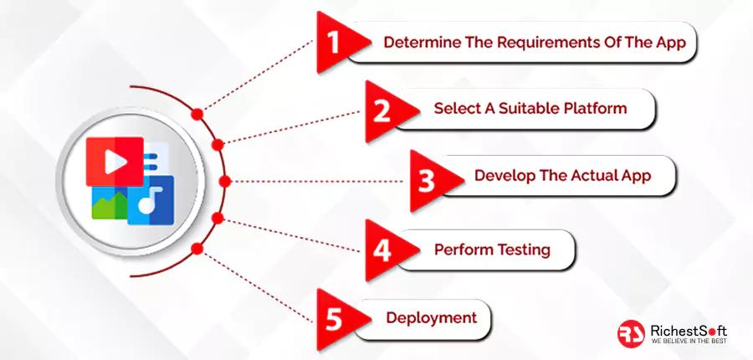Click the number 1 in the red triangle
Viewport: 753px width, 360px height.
334,42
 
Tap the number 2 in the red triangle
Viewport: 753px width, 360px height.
382,111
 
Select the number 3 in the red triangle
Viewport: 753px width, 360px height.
426,181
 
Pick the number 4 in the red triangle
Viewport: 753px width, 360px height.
382,250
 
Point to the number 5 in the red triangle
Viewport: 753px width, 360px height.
334,319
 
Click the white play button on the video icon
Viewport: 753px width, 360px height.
115,162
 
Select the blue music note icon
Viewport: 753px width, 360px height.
151,199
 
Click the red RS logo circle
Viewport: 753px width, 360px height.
631,333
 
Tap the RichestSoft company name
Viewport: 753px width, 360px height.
689,331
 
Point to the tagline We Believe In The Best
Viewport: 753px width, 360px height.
689,342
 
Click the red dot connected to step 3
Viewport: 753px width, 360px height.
225,181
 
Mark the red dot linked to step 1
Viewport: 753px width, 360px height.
197,114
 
